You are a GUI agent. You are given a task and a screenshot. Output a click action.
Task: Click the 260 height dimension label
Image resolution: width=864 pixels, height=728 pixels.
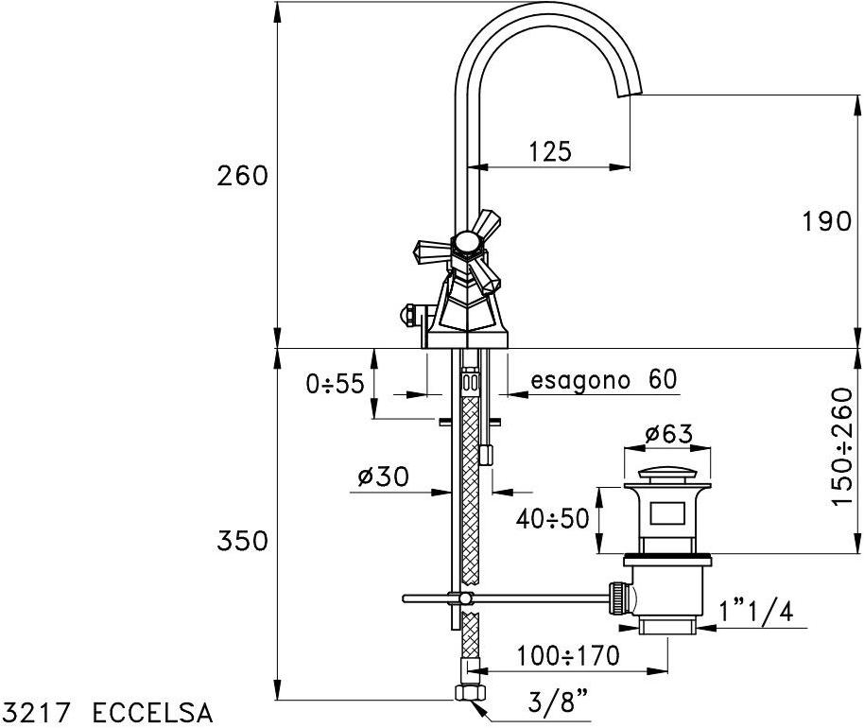coord(242,177)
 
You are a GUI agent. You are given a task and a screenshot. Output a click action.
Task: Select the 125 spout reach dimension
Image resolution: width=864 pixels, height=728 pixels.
coord(550,151)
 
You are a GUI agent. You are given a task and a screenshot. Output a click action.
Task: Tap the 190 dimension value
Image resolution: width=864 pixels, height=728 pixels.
coord(827,221)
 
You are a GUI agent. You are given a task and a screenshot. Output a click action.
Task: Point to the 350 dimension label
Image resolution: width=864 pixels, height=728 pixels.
coord(242,541)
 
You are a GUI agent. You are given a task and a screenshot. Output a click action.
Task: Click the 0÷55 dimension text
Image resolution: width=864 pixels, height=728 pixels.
coord(335,384)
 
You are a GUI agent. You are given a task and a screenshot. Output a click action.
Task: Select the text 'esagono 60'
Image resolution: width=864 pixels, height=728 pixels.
coord(603,379)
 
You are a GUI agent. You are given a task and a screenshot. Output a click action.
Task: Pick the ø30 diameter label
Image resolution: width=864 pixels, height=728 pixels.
coord(383,477)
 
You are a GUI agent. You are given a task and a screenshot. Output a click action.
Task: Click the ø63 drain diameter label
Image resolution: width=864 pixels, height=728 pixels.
coord(668,434)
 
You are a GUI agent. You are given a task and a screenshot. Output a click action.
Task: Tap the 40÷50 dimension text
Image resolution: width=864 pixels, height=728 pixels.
coord(553,519)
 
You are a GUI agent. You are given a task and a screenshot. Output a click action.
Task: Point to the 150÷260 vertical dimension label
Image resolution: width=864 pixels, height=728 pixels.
coord(842,446)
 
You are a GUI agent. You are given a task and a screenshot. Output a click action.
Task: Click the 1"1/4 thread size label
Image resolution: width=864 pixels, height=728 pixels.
coord(756,611)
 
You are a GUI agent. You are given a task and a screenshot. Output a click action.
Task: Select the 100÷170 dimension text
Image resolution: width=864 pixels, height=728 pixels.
coord(568,656)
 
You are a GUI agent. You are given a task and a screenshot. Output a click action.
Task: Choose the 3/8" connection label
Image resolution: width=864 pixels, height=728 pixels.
coord(558,703)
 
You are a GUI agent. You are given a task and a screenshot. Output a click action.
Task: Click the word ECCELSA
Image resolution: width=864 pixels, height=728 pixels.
coord(152,713)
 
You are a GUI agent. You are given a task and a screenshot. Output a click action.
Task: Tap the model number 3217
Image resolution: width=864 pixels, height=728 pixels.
coord(38,713)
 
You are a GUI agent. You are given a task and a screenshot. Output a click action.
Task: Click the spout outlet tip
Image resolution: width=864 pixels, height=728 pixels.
coord(630,93)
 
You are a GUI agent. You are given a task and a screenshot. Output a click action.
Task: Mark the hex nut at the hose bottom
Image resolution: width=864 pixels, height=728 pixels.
coord(468,692)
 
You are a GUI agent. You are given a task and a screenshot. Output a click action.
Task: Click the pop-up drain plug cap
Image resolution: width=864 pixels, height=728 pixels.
coord(666,477)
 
